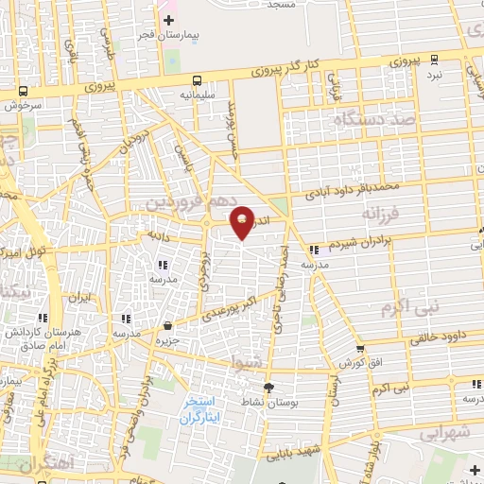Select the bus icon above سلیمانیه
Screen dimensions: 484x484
[196, 80]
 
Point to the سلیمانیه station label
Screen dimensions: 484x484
[195, 95]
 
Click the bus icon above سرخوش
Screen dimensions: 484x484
[23, 92]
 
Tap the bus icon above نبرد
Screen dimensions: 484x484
[434, 59]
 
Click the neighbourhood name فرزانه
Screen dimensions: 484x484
[383, 215]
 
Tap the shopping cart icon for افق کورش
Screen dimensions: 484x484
[359, 349]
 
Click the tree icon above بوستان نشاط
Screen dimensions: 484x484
[268, 387]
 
